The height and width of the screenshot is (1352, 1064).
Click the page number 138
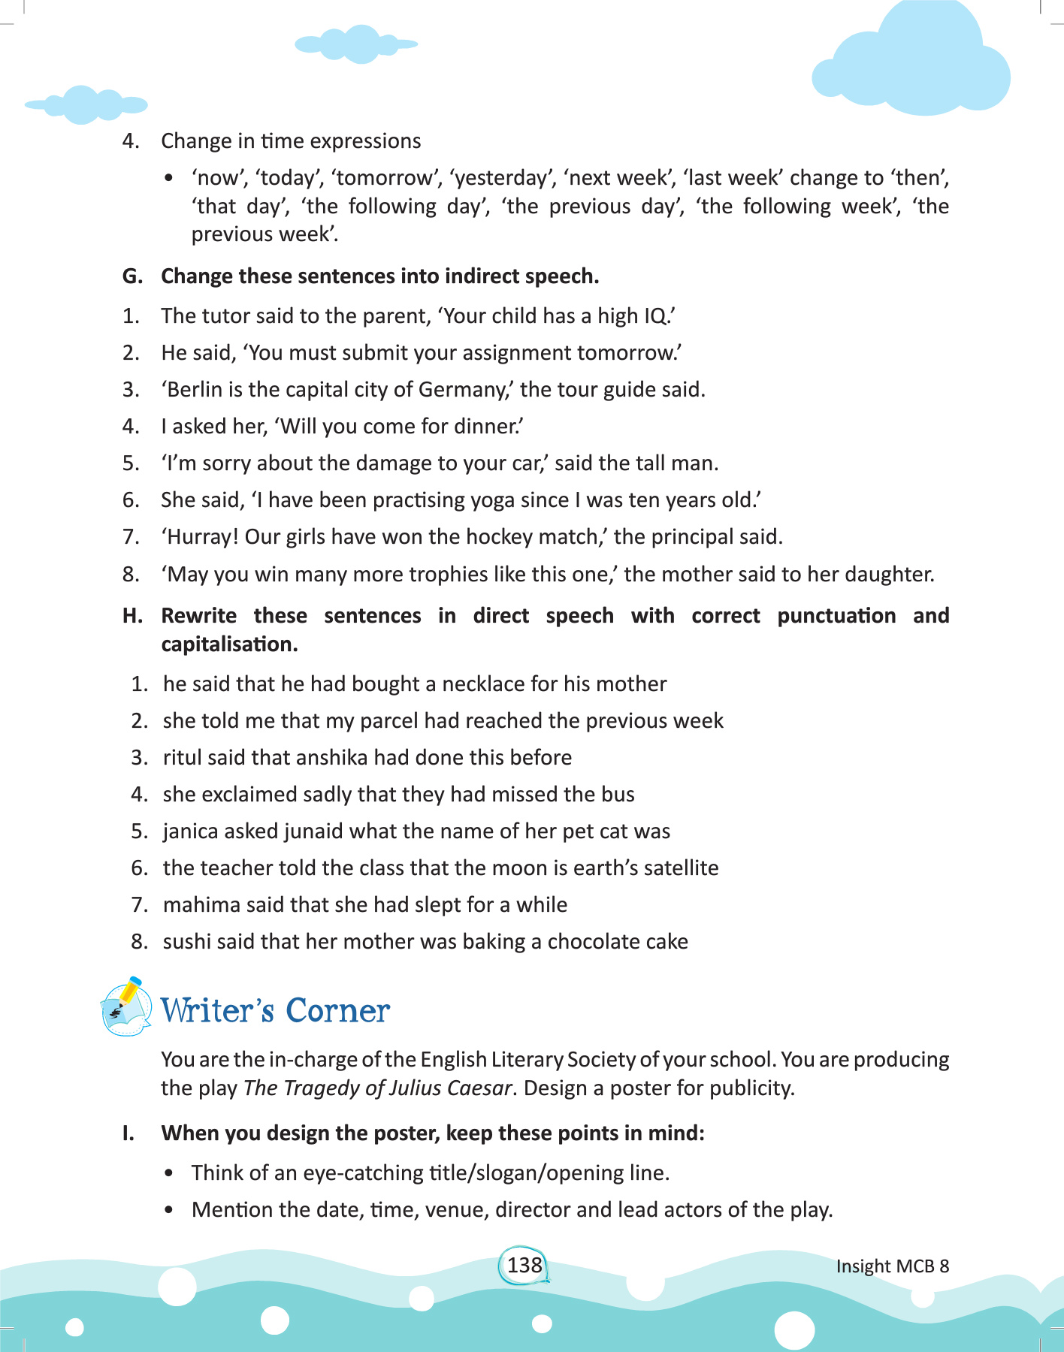(524, 1265)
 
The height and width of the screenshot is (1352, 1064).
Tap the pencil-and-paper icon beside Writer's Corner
(125, 1007)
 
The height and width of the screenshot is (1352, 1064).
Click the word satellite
(676, 868)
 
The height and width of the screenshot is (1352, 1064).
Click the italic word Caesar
(480, 1088)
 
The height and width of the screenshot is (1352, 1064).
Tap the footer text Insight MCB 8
(893, 1266)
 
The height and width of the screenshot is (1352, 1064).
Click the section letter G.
(131, 276)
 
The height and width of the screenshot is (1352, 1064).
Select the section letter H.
(131, 616)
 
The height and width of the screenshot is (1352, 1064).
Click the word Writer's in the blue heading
(217, 1011)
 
